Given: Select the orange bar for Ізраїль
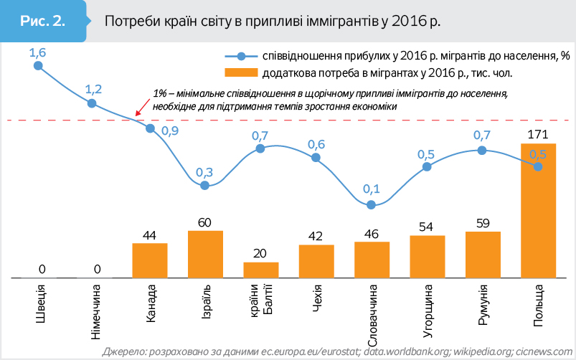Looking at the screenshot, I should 205,254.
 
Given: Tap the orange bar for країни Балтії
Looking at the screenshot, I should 260,270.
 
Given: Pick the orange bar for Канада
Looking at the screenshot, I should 150,260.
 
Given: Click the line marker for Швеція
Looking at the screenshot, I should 38,66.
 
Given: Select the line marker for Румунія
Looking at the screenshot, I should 483,150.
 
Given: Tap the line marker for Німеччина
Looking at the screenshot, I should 93,103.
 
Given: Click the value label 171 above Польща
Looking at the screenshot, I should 538,134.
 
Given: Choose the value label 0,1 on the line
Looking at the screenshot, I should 372,190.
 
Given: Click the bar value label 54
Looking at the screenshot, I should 427,227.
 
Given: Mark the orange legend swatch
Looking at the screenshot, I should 240,72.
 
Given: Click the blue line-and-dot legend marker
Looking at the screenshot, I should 240,55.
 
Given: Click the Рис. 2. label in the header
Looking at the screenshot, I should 42,21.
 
